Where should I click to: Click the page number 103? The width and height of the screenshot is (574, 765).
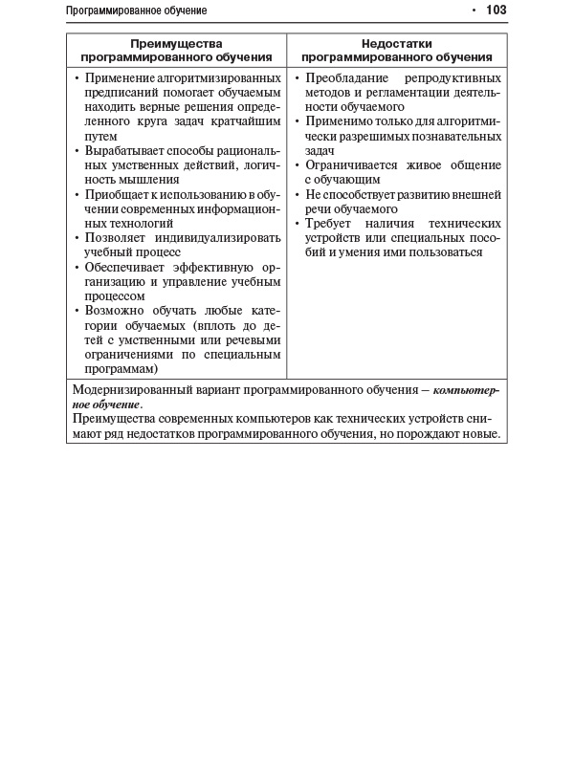click(496, 11)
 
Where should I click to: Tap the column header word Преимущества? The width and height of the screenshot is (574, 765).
click(176, 43)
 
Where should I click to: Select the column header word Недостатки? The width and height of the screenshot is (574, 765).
click(396, 43)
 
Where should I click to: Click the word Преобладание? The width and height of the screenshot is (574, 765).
click(345, 76)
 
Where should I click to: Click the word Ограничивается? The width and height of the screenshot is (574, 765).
click(353, 164)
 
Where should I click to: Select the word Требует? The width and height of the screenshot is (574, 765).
click(330, 223)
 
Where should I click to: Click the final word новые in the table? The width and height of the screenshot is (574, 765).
click(481, 435)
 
